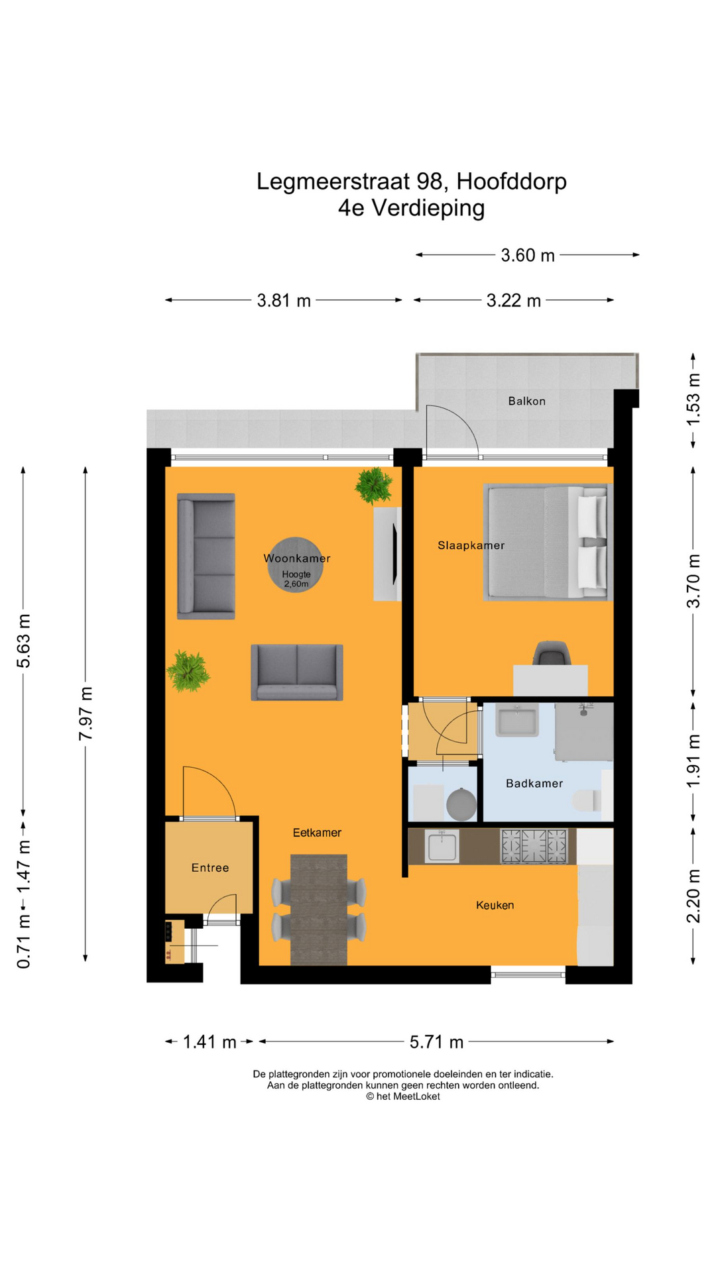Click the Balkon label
(526, 401)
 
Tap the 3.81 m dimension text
(284, 301)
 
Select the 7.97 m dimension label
(86, 714)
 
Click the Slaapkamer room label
(471, 545)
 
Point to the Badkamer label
(534, 783)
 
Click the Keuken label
(495, 905)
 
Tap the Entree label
(210, 868)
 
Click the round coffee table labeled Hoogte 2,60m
(295, 565)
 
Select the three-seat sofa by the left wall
(206, 556)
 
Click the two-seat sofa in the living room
(296, 672)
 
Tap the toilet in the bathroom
(587, 800)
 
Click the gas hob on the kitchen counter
(534, 846)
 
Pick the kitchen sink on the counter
(442, 846)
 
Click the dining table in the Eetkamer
(319, 909)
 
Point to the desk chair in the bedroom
(552, 653)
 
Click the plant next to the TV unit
(375, 486)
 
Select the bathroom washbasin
(517, 721)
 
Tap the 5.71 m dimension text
(436, 1042)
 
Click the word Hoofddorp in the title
(511, 181)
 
